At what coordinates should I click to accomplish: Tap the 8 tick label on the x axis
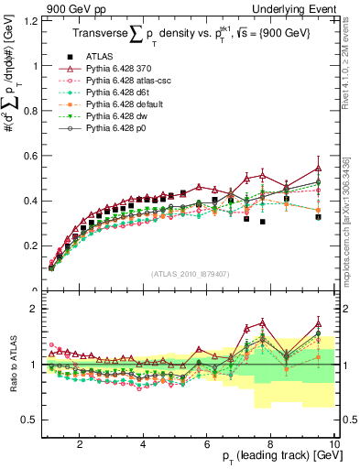(x=271, y=445)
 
